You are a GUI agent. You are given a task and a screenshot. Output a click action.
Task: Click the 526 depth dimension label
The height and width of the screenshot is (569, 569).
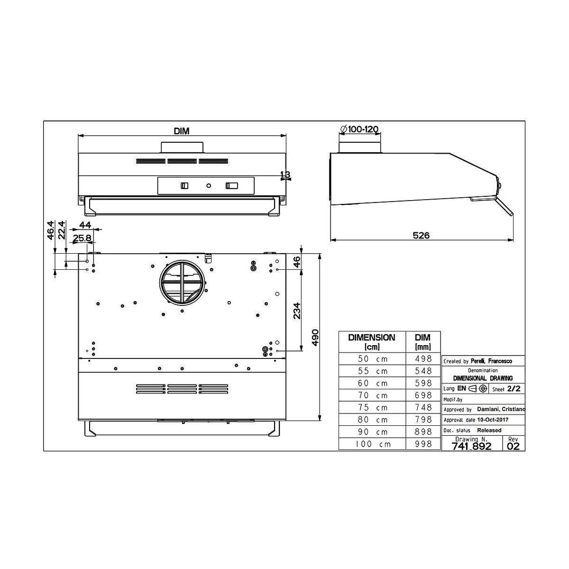point(421,235)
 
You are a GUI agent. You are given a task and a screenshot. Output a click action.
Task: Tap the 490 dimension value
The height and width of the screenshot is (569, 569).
point(315,338)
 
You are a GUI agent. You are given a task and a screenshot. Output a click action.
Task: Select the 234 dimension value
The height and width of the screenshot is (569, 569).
point(297,311)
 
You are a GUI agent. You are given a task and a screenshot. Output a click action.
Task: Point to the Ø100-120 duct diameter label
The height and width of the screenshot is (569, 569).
point(359,129)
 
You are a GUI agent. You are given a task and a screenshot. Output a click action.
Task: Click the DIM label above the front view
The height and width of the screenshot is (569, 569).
point(181,131)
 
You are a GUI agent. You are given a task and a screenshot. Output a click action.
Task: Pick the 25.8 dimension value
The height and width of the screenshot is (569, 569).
point(82,238)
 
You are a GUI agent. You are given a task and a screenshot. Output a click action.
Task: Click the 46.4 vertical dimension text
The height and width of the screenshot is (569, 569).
point(50,230)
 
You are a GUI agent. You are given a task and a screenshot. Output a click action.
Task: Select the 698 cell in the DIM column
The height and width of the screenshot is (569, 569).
point(423,395)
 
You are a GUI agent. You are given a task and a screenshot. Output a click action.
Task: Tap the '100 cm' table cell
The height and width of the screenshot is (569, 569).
point(373,444)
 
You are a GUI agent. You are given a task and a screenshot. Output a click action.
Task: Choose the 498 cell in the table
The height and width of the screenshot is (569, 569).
point(423,358)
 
